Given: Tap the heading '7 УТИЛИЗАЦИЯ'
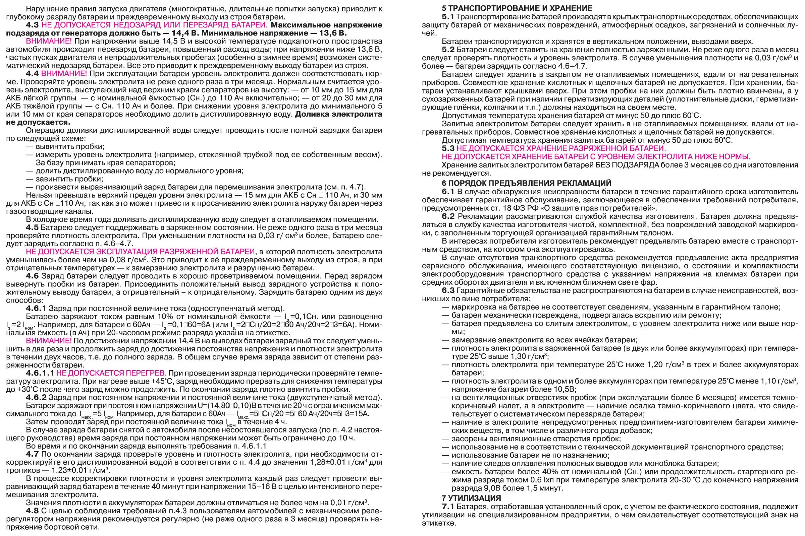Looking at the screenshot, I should point(471,498).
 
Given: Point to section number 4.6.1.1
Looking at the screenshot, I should point(40,373).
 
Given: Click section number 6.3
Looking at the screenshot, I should point(448,290).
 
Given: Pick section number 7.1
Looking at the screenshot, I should point(448,506).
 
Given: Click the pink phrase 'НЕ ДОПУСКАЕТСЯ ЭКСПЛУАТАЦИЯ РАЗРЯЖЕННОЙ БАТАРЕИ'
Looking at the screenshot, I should point(140,252).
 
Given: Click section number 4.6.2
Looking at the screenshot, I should point(36,397).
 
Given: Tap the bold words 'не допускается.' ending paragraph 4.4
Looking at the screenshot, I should point(38,122).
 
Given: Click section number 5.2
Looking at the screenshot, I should point(448,50).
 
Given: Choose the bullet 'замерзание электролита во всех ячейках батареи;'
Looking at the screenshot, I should point(544,340).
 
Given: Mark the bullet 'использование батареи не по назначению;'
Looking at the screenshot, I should point(530,455).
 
